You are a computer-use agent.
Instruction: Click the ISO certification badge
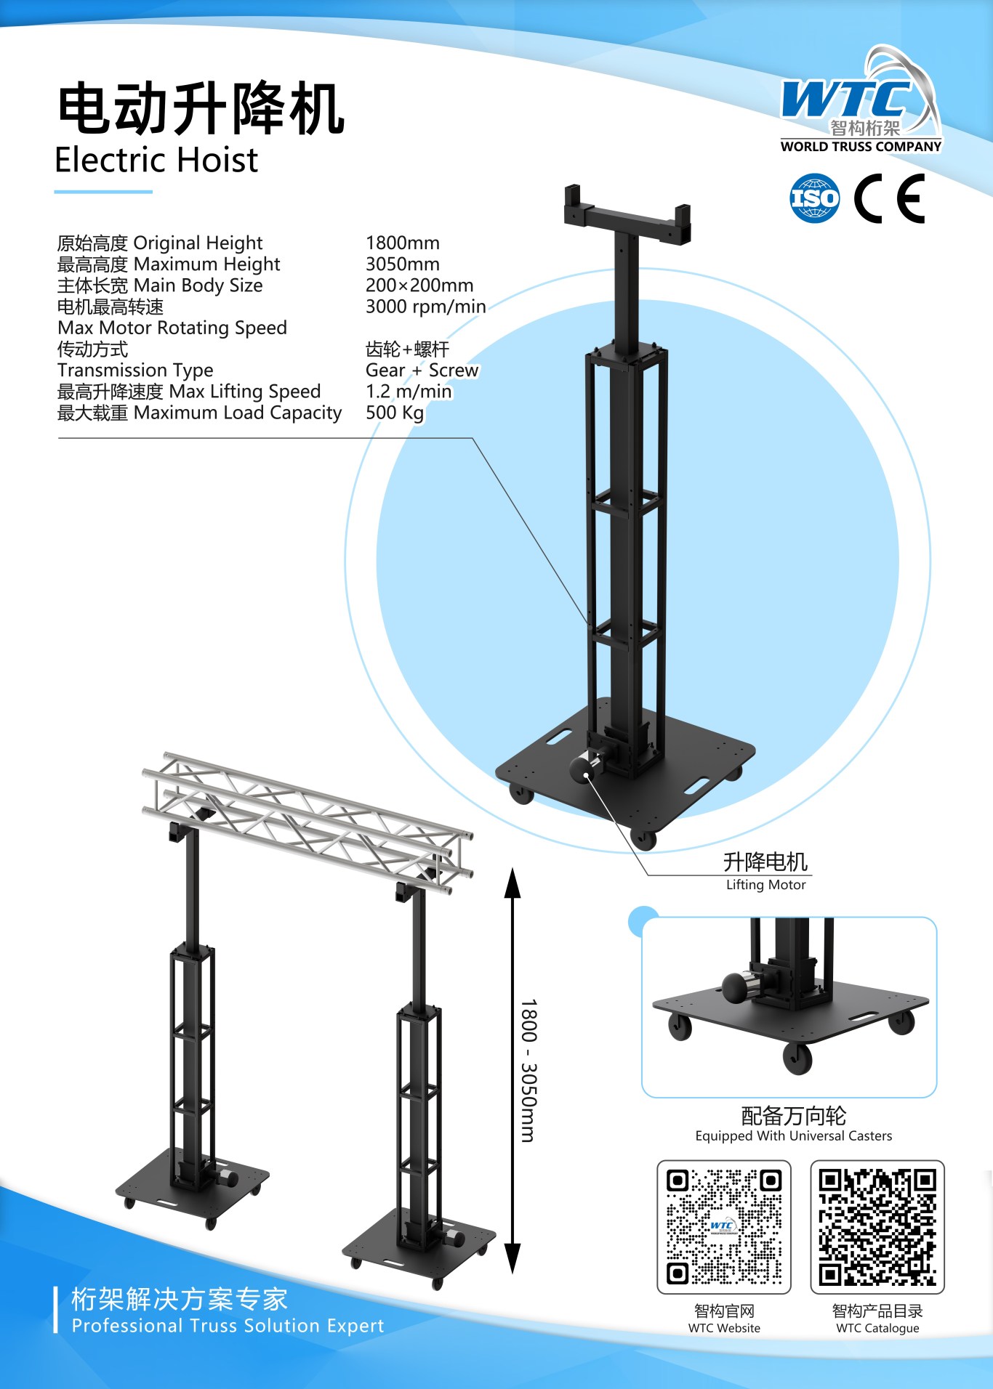click(x=815, y=198)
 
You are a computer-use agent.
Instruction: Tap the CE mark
click(x=889, y=198)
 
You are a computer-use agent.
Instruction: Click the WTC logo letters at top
click(x=846, y=98)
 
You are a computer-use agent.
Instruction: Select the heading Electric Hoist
click(x=156, y=160)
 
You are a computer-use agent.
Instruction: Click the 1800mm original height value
click(x=403, y=243)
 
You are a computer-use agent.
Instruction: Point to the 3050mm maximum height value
click(x=403, y=264)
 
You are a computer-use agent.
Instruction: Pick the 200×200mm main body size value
click(x=419, y=285)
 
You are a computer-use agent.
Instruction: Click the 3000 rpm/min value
click(x=426, y=307)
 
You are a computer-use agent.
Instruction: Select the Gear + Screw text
click(x=422, y=370)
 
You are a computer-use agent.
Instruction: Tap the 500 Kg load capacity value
click(x=395, y=413)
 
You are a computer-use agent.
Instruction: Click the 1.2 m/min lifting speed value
click(x=409, y=392)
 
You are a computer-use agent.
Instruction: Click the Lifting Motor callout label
click(x=766, y=884)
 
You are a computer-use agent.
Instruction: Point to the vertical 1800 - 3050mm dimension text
click(x=528, y=1070)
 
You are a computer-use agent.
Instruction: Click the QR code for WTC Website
click(x=724, y=1227)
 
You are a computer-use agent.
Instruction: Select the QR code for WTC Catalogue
click(x=877, y=1227)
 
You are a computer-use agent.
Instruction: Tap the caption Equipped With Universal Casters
click(x=794, y=1135)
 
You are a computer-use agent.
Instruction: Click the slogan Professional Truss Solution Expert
click(x=228, y=1326)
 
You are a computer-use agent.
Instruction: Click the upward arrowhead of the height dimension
click(x=512, y=882)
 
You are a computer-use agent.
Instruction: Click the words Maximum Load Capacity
click(x=238, y=413)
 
